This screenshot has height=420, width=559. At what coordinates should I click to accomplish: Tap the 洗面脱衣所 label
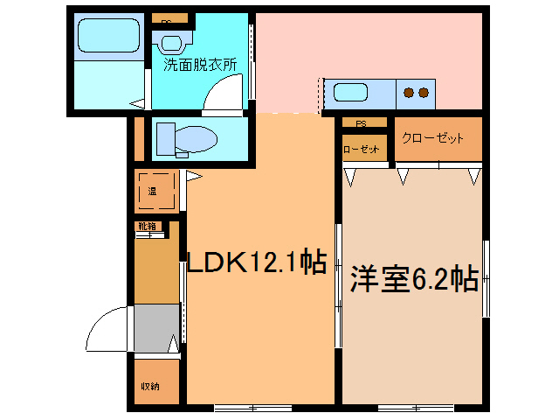click(199, 64)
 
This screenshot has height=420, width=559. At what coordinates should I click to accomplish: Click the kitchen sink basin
click(351, 92)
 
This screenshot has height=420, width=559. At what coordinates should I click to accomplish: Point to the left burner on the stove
click(408, 91)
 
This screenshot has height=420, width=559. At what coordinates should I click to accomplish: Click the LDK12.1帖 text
click(259, 261)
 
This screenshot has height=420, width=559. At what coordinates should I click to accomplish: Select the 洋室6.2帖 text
click(413, 279)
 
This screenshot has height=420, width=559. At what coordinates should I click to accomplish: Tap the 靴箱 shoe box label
click(146, 226)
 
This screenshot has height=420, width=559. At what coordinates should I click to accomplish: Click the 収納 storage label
click(149, 386)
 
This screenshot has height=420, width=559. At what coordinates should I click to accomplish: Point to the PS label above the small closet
click(360, 123)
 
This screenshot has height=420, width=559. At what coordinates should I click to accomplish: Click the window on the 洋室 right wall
click(487, 278)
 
